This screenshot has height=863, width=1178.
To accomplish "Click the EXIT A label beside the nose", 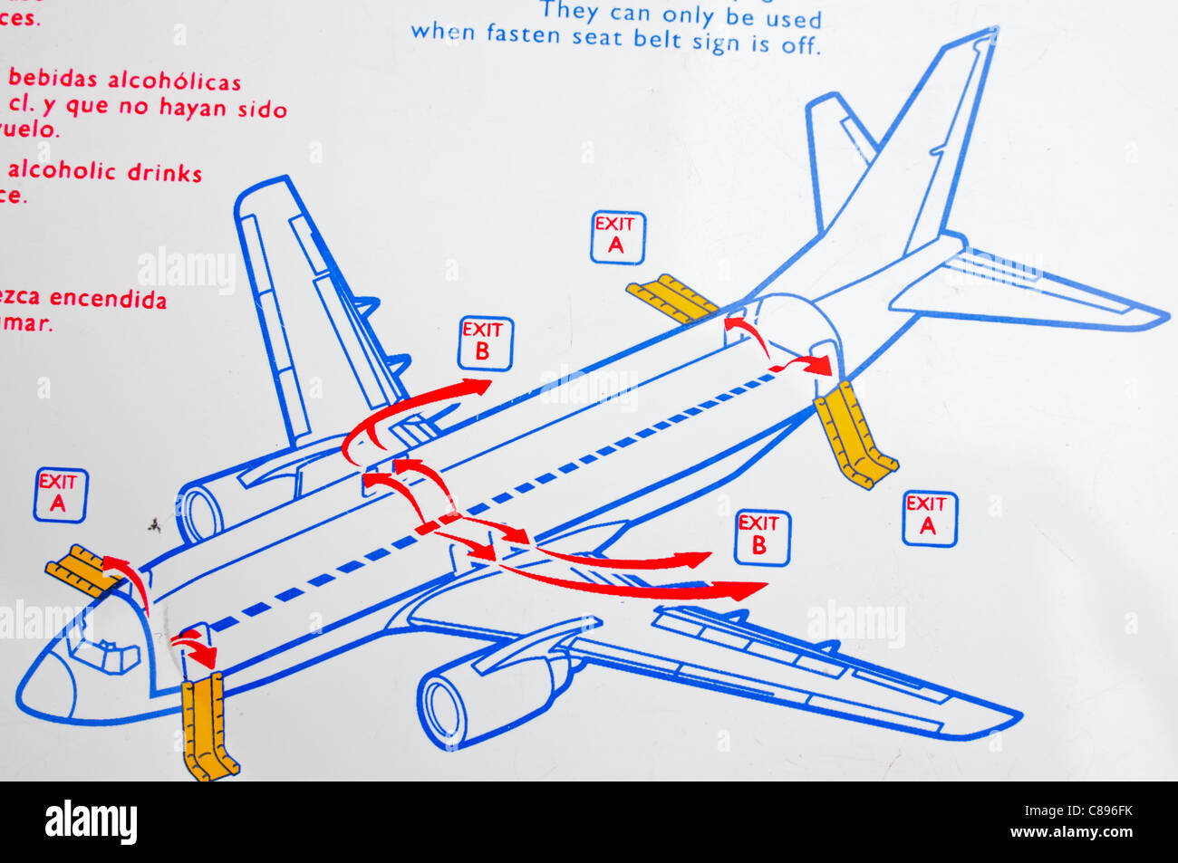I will click(x=60, y=495).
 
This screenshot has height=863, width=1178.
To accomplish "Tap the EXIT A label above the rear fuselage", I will click(x=617, y=237).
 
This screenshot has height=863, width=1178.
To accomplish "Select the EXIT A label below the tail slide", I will click(x=929, y=519).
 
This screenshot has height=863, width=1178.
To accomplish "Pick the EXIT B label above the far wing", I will click(x=485, y=343).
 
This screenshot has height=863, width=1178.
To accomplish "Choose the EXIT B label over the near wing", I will click(x=761, y=538).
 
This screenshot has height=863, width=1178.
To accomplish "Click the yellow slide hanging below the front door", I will click(x=209, y=730).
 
